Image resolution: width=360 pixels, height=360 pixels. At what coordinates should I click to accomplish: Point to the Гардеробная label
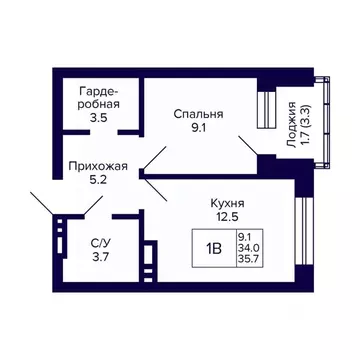click(x=100, y=97)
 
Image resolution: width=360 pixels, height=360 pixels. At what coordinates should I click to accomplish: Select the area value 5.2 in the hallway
click(x=98, y=183)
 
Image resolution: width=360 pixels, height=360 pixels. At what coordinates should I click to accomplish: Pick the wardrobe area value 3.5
click(x=100, y=117)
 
